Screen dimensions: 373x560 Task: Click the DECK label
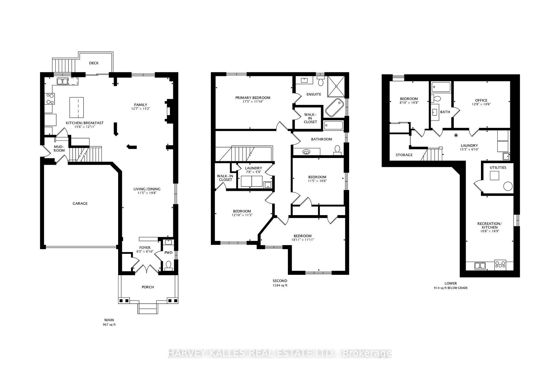pyautogui.click(x=94, y=63)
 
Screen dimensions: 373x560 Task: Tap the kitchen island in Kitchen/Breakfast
pyautogui.click(x=77, y=107)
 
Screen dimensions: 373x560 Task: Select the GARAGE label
pyautogui.click(x=80, y=203)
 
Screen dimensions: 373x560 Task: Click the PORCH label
pyautogui.click(x=148, y=287)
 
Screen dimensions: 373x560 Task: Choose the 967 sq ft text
pyautogui.click(x=109, y=324)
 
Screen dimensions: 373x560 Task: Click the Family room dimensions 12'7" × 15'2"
pyautogui.click(x=141, y=109)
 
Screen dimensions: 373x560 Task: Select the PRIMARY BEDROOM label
pyautogui.click(x=253, y=98)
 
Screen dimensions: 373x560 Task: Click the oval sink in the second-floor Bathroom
pyautogui.click(x=306, y=152)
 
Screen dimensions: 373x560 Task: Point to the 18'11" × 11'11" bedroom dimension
pyautogui.click(x=302, y=240)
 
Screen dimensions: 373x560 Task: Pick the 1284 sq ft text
pyautogui.click(x=280, y=285)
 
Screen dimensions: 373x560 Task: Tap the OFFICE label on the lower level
pyautogui.click(x=481, y=100)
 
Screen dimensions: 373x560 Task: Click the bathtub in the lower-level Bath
pyautogui.click(x=441, y=87)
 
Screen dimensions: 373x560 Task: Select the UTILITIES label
pyautogui.click(x=498, y=168)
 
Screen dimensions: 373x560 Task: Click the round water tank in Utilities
pyautogui.click(x=508, y=186)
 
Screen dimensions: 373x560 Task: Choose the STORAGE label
pyautogui.click(x=404, y=155)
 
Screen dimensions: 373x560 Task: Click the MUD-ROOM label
pyautogui.click(x=59, y=149)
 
